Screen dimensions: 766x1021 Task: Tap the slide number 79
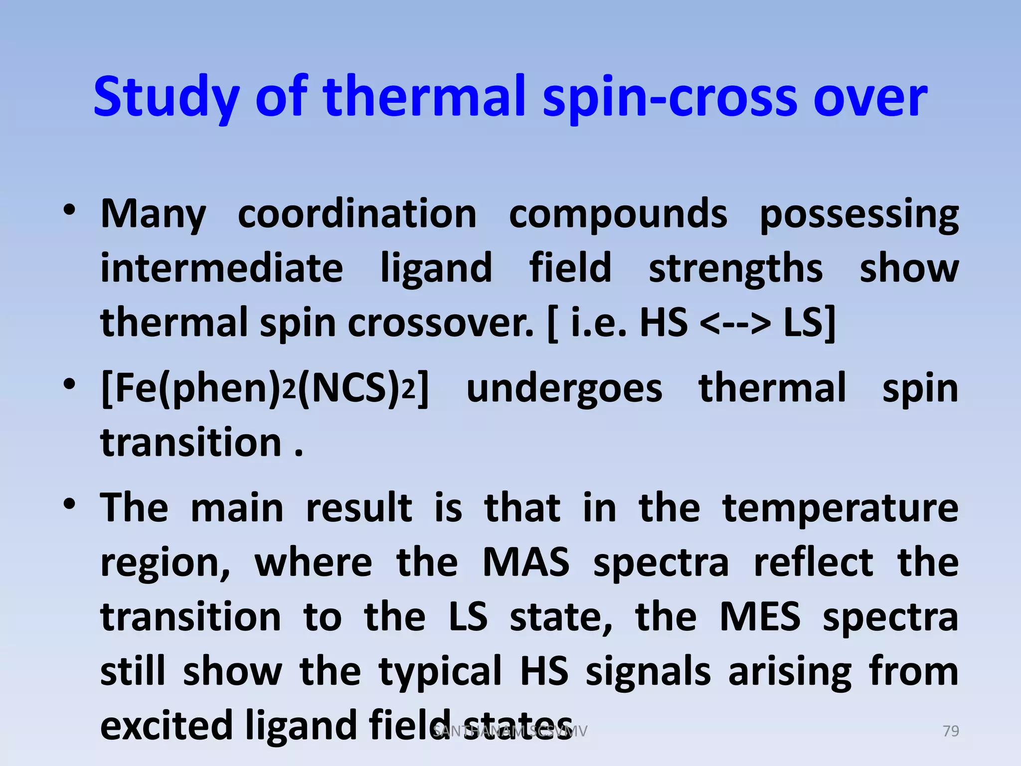click(x=951, y=731)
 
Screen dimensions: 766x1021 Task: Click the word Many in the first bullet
click(x=153, y=214)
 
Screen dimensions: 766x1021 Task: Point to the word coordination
click(x=357, y=214)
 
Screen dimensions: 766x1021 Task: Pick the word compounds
click(x=618, y=214)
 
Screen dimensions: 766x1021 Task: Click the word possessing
click(x=858, y=214)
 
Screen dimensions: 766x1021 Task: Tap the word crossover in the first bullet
click(x=440, y=323)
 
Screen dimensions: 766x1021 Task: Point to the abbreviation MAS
click(x=526, y=563)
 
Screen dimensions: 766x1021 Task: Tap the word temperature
click(x=841, y=508)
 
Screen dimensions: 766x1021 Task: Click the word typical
click(x=440, y=671)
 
